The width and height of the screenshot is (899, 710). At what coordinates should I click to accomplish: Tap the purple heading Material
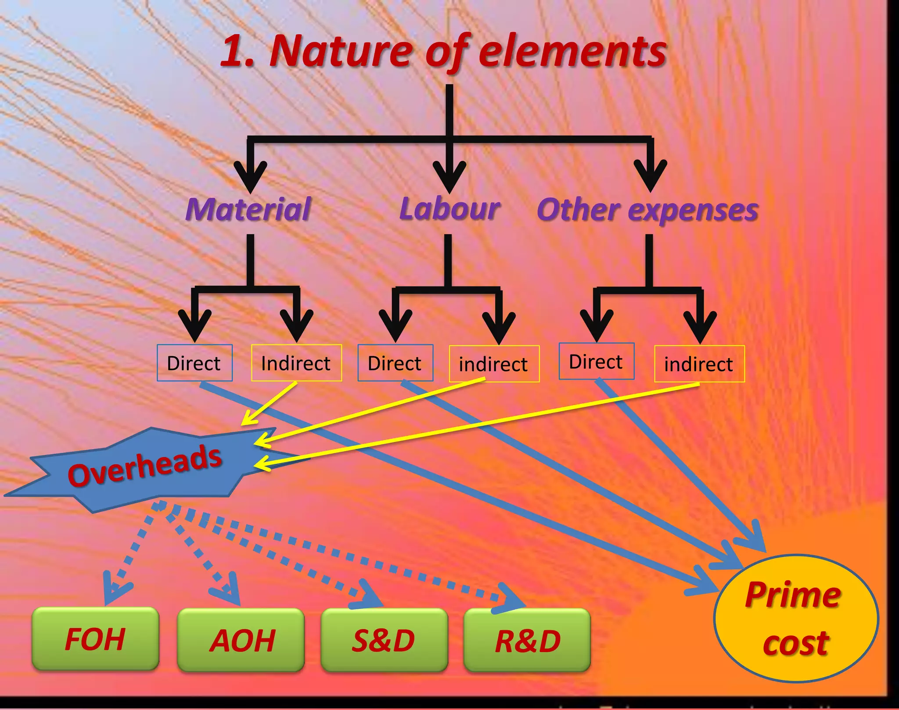point(248,209)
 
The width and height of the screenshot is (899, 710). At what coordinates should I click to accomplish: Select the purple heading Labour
point(449,208)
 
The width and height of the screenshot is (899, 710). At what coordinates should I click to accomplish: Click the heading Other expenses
point(647,210)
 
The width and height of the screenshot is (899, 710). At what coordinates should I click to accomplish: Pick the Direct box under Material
point(194,363)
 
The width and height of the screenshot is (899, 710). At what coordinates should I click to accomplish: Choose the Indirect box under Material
point(296,363)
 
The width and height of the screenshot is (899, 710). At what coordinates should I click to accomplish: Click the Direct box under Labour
point(395,363)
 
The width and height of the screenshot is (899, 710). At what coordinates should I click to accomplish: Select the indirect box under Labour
point(494,364)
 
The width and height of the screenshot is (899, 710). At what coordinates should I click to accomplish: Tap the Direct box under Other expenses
point(596,362)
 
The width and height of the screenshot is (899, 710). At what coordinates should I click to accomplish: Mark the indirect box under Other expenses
point(699,364)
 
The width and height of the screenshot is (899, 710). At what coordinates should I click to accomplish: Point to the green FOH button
point(95,639)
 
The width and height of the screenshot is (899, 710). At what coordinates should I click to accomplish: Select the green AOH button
point(241,640)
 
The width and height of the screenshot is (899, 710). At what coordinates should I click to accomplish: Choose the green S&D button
point(384,640)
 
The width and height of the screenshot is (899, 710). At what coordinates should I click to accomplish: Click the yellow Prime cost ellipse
point(795,619)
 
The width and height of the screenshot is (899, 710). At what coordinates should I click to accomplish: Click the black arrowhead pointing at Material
point(250,176)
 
